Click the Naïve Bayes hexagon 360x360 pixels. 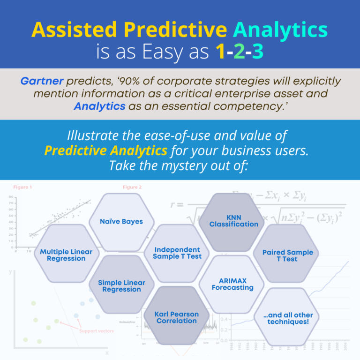coord(121,221)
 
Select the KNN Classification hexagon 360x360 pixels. coord(233,221)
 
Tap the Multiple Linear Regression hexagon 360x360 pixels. coord(66,255)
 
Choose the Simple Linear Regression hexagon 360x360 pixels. coord(121,286)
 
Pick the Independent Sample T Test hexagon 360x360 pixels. coord(177,253)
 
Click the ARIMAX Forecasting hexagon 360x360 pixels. coord(232,284)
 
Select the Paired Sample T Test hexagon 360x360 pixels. coord(287,255)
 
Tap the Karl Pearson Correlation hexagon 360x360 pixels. coord(177,317)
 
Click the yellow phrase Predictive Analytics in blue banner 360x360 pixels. coord(105,150)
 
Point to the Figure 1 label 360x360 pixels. coord(22,187)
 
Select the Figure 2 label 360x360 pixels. coord(132,187)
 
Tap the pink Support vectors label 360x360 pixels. coord(96,331)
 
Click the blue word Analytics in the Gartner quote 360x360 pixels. coord(99,106)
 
